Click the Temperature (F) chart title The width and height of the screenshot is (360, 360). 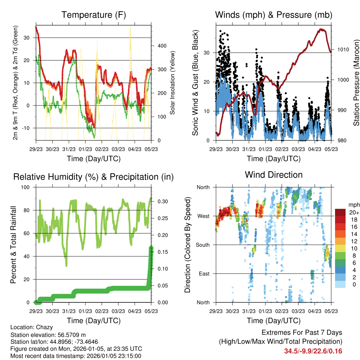(94, 15)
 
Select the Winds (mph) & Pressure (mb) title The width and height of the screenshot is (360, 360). (274, 15)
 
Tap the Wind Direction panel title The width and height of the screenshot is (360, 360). (274, 175)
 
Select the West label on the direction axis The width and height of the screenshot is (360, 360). (203, 216)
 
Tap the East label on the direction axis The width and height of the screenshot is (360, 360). (204, 274)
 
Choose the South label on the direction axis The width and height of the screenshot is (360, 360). (202, 245)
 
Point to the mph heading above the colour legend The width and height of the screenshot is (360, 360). (354, 205)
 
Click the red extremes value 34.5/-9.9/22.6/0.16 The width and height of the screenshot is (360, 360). (313, 351)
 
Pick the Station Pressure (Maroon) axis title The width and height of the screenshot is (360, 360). (356, 82)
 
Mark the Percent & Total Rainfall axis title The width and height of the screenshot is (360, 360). (13, 245)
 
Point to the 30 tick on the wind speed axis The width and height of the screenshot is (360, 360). (207, 53)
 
